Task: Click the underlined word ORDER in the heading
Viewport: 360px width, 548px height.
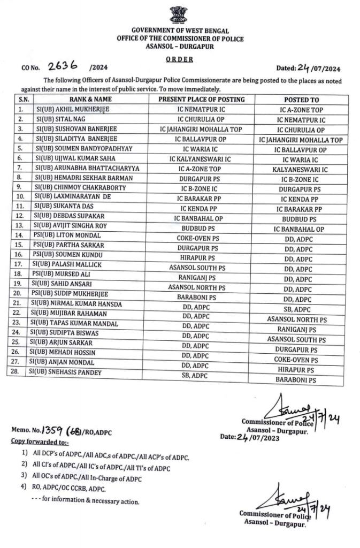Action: [x=179, y=59]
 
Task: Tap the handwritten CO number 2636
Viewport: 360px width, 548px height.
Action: [x=62, y=66]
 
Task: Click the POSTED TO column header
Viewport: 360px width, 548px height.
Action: [x=301, y=100]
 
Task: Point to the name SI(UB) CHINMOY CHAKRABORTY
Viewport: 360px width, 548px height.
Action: [x=80, y=189]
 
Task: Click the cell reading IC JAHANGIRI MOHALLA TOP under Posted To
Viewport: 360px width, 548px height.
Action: [x=300, y=140]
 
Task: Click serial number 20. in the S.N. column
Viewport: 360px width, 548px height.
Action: [x=21, y=293]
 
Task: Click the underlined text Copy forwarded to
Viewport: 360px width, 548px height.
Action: [x=39, y=442]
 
